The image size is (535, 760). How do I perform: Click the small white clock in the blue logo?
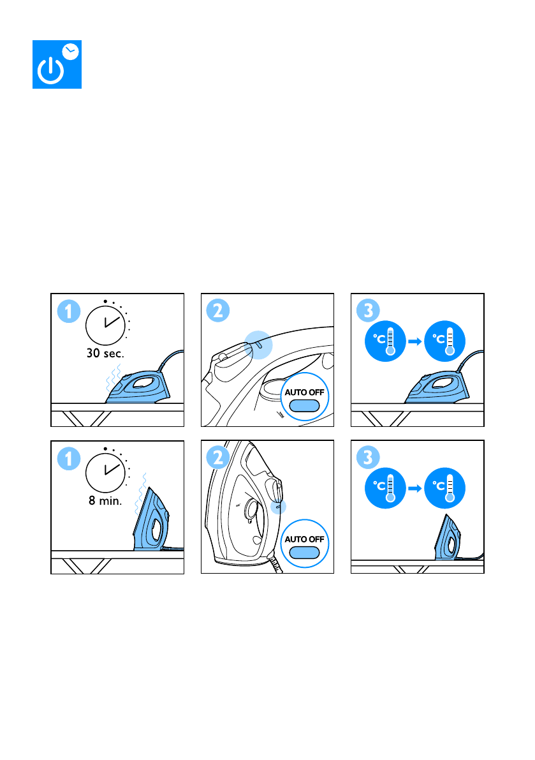point(71,52)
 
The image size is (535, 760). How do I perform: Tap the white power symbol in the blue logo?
point(51,71)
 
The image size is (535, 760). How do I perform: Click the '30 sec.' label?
point(106,354)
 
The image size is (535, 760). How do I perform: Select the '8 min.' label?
point(105,501)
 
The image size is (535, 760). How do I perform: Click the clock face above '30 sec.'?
point(106,325)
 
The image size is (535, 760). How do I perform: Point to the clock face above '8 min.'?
point(106,473)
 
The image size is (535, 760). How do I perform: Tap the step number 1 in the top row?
point(69,311)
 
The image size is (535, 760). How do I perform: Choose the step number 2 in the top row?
point(218,311)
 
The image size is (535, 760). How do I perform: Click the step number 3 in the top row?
point(368,311)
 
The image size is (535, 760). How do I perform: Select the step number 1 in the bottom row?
point(69,459)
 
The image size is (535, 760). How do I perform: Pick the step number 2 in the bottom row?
point(218,458)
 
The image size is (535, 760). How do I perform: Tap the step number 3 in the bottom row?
point(368,458)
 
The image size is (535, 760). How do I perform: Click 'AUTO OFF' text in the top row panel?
point(305,392)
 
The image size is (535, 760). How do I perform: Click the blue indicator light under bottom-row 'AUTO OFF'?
point(305,553)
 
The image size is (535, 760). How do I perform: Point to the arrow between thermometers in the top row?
point(415,341)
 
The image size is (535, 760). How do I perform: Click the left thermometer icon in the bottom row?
point(385,488)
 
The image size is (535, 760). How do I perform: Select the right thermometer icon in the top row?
point(444,341)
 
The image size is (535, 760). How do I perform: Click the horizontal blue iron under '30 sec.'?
point(138,387)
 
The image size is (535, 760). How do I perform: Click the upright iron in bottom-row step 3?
point(448,538)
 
